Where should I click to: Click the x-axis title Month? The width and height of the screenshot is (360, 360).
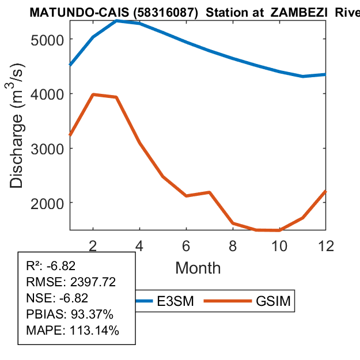coord(198,267)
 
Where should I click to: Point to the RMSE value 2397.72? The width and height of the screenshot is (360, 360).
coord(92,282)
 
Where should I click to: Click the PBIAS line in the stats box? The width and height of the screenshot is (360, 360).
coord(70,314)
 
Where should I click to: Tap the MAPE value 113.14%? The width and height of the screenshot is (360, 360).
coord(94,331)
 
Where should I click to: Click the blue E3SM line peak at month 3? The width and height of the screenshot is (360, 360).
coord(116,21)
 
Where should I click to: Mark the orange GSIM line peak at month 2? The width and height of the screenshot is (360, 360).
coord(93,94)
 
